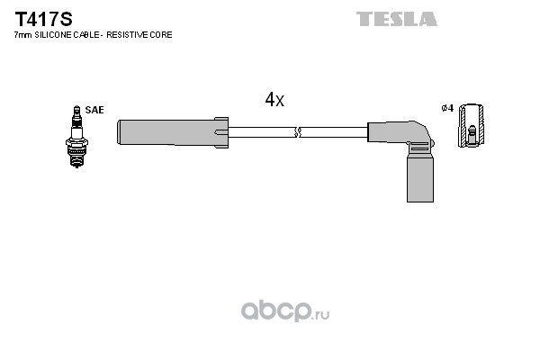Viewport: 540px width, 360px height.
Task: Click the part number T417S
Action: pyautogui.click(x=43, y=19)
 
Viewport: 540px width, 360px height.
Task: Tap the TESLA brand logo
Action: pyautogui.click(x=397, y=19)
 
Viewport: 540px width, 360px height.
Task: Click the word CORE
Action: pyautogui.click(x=162, y=35)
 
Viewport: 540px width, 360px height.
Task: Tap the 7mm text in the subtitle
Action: pyautogui.click(x=23, y=35)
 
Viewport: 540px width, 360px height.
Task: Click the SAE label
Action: pyautogui.click(x=94, y=110)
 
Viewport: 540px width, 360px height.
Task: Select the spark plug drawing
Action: pyautogui.click(x=76, y=137)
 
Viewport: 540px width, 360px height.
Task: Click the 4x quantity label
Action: pyautogui.click(x=274, y=100)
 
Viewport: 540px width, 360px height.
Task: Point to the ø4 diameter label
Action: pyautogui.click(x=447, y=108)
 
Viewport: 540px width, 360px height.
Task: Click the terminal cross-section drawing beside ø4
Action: pyautogui.click(x=472, y=125)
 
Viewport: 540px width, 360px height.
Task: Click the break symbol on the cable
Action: pyautogui.click(x=298, y=132)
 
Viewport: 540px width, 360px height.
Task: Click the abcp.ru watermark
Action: pyautogui.click(x=285, y=311)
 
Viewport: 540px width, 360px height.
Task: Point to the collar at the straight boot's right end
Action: pyautogui.click(x=221, y=132)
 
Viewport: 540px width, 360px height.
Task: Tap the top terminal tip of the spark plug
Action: pyautogui.click(x=76, y=109)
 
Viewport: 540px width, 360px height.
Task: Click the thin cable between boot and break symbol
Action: pyautogui.click(x=261, y=132)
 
